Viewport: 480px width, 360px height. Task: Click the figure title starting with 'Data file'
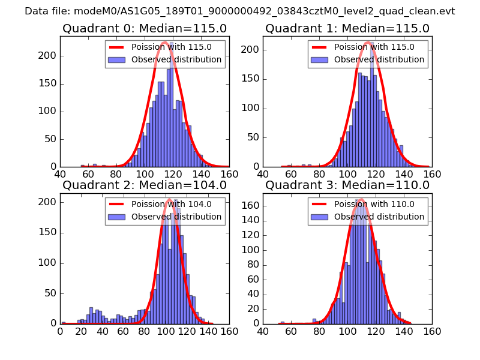(240, 11)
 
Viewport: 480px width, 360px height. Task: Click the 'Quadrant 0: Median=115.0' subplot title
(145, 29)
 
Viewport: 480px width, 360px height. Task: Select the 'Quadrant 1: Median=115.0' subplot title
(347, 29)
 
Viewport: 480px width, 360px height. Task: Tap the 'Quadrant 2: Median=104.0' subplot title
(145, 185)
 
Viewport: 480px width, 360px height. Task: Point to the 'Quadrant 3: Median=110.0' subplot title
(347, 185)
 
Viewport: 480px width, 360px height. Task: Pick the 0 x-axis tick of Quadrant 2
(60, 332)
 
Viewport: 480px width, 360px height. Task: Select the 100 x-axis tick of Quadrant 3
(347, 332)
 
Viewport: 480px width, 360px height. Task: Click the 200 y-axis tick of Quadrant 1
(251, 49)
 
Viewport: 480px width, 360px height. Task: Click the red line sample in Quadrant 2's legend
(118, 205)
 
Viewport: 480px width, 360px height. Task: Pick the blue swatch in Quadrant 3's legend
(320, 216)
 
